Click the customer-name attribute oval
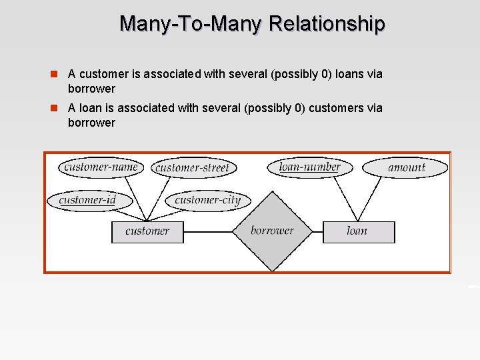click(x=101, y=167)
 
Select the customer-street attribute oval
click(x=191, y=168)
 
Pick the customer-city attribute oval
click(x=207, y=200)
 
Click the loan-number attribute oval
click(x=309, y=167)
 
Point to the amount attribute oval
click(x=406, y=167)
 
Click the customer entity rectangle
click(x=147, y=231)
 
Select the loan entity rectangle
click(x=358, y=231)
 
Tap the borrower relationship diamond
click(x=272, y=231)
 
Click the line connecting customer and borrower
click(x=207, y=232)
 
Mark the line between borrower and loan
click(x=317, y=232)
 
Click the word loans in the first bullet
click(x=348, y=74)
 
